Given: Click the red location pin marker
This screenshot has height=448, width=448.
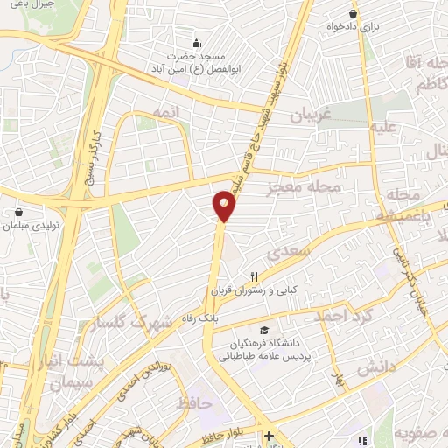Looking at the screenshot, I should [224, 206].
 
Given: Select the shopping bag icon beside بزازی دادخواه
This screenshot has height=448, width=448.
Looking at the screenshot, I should [353, 14].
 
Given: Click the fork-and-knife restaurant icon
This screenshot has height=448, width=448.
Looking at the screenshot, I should [255, 276].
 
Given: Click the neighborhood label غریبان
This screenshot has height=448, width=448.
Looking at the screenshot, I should [313, 115].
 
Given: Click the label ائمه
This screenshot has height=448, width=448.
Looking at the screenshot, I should [164, 112].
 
